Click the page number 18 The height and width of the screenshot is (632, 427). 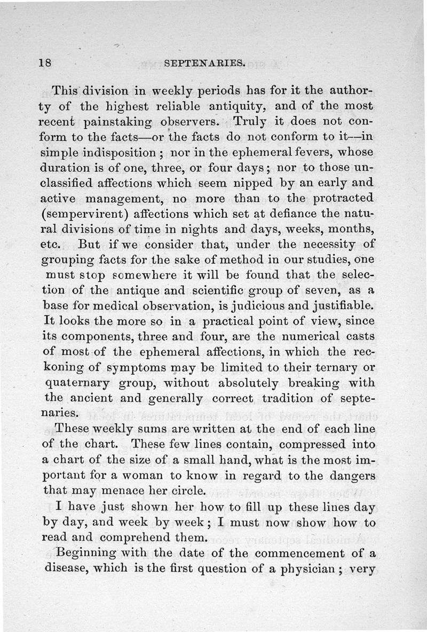click(45, 62)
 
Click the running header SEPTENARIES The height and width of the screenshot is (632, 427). click(205, 63)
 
